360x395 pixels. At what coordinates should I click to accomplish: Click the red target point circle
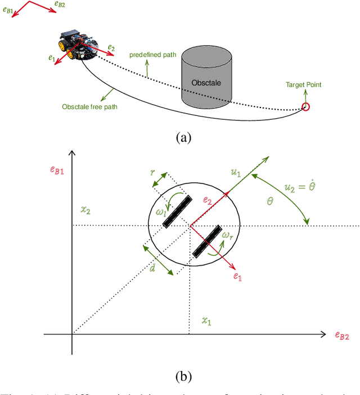(306, 107)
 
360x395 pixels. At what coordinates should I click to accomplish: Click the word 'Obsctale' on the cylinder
(206, 83)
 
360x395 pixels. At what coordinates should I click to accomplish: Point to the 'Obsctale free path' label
(90, 106)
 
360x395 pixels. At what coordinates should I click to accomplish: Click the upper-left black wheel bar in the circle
(177, 212)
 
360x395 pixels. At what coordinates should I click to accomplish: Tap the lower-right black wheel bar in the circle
(206, 241)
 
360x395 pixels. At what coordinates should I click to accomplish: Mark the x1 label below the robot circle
(208, 321)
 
